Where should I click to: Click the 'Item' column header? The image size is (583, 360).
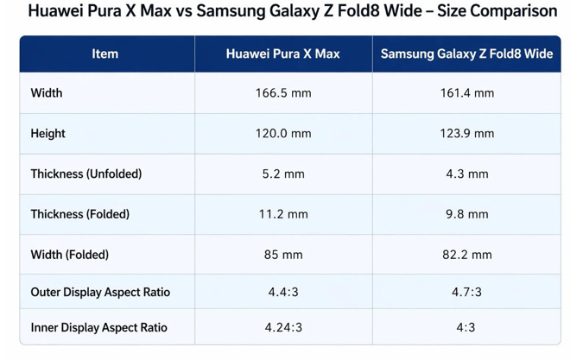(105, 54)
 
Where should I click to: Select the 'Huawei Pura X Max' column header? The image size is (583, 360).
(282, 54)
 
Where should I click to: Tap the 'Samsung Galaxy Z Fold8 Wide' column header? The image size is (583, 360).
(466, 54)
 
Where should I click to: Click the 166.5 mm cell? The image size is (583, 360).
(282, 93)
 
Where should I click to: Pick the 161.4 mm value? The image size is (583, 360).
(466, 93)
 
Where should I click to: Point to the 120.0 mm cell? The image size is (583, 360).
(282, 134)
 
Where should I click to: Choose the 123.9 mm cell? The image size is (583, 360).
(466, 134)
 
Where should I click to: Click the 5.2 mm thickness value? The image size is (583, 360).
(282, 174)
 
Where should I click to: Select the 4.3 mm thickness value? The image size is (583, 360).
(466, 174)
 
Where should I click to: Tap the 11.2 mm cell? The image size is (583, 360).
(282, 214)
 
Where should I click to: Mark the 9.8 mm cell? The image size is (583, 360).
(466, 214)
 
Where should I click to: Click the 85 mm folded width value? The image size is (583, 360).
(282, 255)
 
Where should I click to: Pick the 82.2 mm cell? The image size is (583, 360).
(466, 255)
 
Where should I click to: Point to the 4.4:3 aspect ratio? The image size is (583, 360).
(282, 293)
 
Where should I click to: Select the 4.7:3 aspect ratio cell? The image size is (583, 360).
(466, 293)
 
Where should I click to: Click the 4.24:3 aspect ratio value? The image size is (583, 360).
(282, 328)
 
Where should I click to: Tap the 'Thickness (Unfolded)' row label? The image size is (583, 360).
(86, 174)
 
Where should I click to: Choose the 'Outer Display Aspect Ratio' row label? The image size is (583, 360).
(100, 293)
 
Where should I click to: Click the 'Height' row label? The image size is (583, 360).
(48, 134)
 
